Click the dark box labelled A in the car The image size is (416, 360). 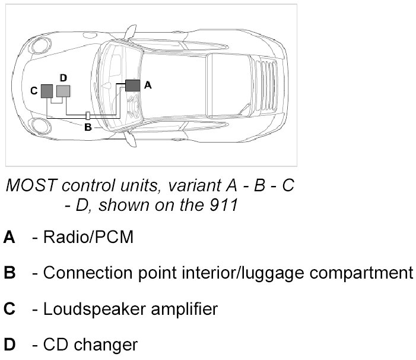point(132,85)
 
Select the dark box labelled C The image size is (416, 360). point(47,90)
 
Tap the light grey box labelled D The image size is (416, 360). point(63,90)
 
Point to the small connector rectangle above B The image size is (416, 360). point(88,115)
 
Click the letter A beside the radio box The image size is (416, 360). point(148,86)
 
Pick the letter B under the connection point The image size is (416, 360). point(88,127)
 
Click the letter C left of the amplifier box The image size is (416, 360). point(34,90)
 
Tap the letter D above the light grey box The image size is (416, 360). point(63,77)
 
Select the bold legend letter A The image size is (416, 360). point(9,238)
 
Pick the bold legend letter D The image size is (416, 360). point(9,345)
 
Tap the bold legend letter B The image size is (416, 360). point(9,273)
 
